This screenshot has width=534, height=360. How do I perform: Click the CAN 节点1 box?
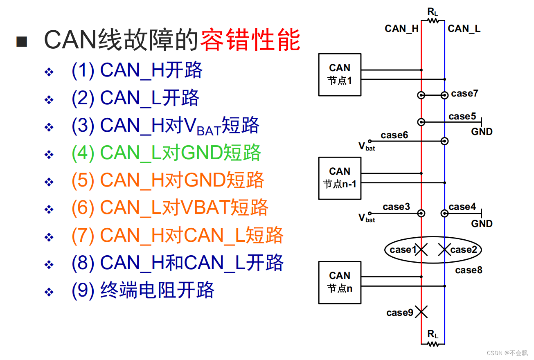(340, 74)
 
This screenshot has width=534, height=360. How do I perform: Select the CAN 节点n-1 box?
(340, 178)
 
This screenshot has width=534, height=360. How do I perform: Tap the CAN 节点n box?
(340, 282)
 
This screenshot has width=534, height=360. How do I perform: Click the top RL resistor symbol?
(433, 20)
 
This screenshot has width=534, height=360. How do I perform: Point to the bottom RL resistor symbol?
(433, 344)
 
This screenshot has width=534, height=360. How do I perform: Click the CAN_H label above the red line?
(401, 29)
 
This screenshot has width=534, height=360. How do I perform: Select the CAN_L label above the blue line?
(464, 29)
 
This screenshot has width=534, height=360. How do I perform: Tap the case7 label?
(464, 94)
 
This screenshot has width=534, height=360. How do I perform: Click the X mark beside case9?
(421, 313)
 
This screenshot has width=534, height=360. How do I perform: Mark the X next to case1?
(421, 250)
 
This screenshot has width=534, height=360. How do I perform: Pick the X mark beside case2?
(444, 250)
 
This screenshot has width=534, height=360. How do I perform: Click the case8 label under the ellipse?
(469, 270)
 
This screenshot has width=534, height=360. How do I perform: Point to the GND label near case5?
(482, 132)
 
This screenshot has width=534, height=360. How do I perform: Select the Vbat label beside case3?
(366, 218)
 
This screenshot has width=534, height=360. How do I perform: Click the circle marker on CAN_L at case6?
(444, 141)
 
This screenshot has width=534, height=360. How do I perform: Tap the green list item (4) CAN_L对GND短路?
(166, 153)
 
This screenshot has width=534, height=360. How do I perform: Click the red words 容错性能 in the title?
(250, 40)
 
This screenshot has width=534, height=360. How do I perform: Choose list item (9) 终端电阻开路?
(143, 290)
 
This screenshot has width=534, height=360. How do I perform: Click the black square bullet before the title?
(22, 41)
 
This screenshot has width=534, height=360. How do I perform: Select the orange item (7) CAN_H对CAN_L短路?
(177, 235)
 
